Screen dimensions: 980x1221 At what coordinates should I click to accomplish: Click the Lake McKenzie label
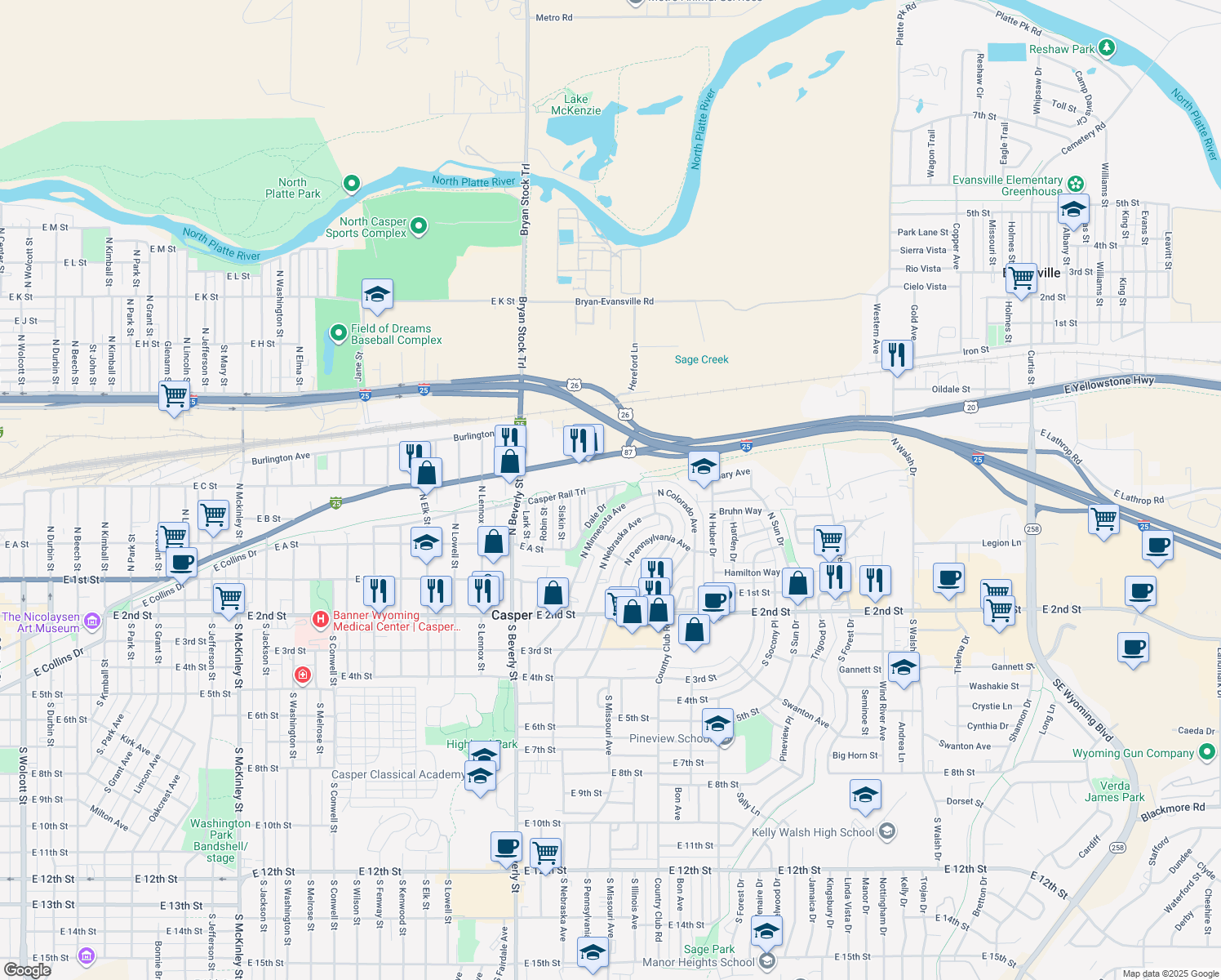[x=576, y=105]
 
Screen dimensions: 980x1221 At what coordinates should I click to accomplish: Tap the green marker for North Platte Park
[x=352, y=184]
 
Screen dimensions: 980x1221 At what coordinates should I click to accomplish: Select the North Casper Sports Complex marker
[x=419, y=225]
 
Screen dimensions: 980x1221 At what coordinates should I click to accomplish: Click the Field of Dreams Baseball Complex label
[x=396, y=334]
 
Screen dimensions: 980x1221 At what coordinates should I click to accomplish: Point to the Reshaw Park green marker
[x=1107, y=47]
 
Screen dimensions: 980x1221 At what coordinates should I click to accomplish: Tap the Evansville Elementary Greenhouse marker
[x=1077, y=184]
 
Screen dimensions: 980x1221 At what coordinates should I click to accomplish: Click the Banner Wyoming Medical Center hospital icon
[x=321, y=620]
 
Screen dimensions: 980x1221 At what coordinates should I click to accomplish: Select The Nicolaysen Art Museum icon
[x=92, y=621]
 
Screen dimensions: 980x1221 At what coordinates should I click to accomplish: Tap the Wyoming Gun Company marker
[x=1207, y=753]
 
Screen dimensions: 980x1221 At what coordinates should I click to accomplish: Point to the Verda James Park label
[x=1115, y=791]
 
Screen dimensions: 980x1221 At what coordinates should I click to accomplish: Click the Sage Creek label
[x=701, y=359]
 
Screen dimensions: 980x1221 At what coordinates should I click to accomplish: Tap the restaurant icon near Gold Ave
[x=897, y=355]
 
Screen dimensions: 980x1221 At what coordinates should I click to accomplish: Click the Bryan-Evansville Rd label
[x=614, y=301]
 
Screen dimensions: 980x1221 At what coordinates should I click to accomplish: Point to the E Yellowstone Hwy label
[x=1109, y=385]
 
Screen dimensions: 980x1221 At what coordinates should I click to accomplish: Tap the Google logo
[x=27, y=969]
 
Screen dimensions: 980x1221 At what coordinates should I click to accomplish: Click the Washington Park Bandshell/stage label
[x=220, y=840]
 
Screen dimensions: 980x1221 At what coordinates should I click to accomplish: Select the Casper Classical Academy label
[x=397, y=774]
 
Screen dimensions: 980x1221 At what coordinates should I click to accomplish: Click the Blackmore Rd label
[x=1172, y=811]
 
